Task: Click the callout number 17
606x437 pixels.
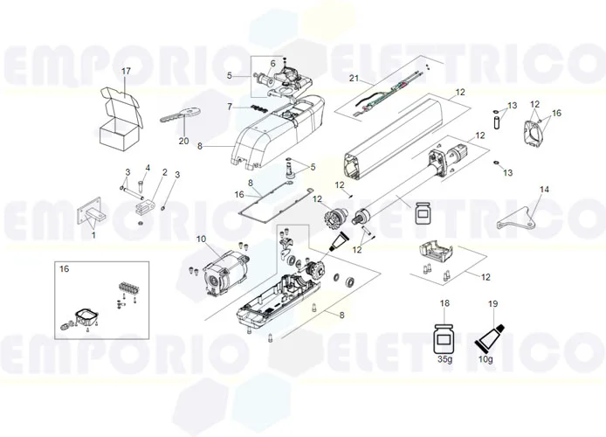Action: click(126, 71)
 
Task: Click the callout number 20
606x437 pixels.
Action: click(183, 141)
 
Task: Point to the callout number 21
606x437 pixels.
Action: click(355, 79)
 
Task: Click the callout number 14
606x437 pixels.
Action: click(544, 189)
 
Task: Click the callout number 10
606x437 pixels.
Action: click(201, 239)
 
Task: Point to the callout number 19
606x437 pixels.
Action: click(492, 303)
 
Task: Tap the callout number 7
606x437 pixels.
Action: click(229, 107)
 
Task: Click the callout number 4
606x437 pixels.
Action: click(148, 168)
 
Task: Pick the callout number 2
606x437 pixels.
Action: click(162, 173)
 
